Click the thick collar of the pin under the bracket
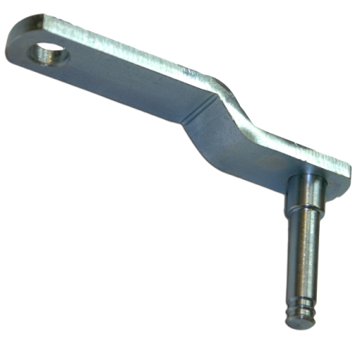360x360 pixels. pyautogui.click(x=304, y=196)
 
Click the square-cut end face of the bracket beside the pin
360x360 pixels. pyautogui.click(x=341, y=180)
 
